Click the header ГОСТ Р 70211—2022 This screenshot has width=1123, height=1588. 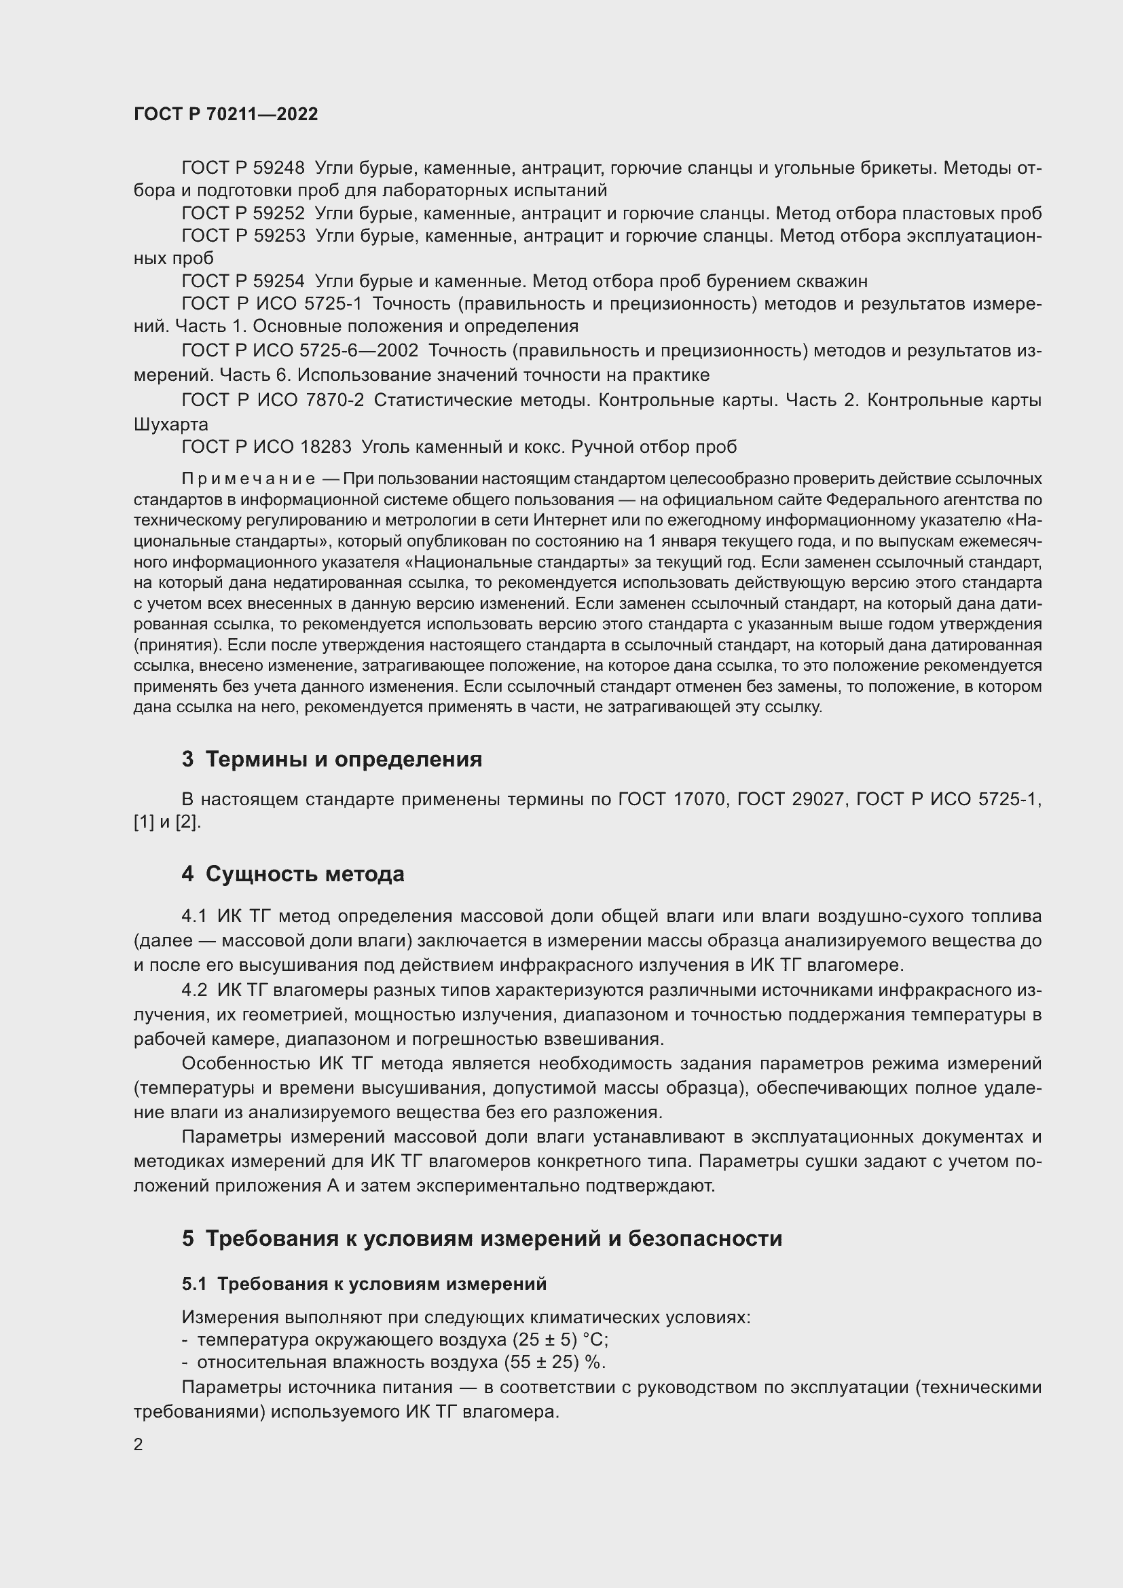pyautogui.click(x=225, y=114)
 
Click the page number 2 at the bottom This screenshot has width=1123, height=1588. pyautogui.click(x=139, y=1444)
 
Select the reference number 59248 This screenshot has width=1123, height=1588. pyautogui.click(x=278, y=168)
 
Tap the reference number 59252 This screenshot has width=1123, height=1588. pyautogui.click(x=278, y=213)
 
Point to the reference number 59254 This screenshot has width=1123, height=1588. pyautogui.click(x=278, y=281)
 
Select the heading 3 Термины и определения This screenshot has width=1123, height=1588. pyautogui.click(x=332, y=760)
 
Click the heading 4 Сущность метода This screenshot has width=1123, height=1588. pyautogui.click(x=293, y=874)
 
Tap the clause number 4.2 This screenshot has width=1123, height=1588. pyautogui.click(x=194, y=990)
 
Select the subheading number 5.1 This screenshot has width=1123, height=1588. pyautogui.click(x=194, y=1284)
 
